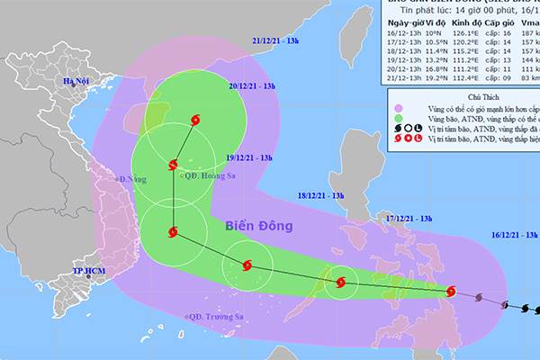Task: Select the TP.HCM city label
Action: pyautogui.click(x=90, y=271)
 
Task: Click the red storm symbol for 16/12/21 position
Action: pyautogui.click(x=452, y=291)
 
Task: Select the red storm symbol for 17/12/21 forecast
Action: pyautogui.click(x=339, y=283)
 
